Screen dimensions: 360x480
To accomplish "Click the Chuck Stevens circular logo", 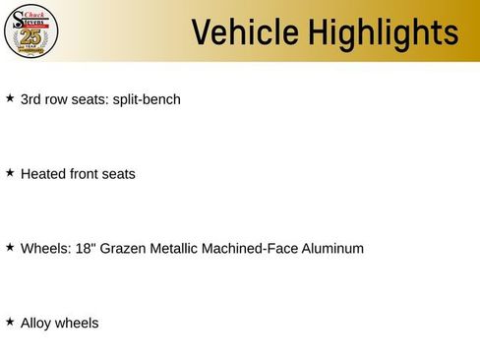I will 31,31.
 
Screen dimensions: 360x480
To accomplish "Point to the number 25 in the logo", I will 31,37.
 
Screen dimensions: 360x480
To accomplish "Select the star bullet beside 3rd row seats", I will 10,98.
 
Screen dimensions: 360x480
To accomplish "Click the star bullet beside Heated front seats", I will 10,173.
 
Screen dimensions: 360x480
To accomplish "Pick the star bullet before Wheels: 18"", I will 10,248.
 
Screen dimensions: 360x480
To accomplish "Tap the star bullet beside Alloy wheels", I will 10,322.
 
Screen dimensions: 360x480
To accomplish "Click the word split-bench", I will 147,99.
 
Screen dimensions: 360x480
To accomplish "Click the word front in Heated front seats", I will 86,174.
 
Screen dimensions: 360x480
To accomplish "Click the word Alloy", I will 35,323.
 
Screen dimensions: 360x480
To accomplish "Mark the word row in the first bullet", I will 58,99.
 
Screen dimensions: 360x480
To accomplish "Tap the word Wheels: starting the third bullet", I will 45,248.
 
